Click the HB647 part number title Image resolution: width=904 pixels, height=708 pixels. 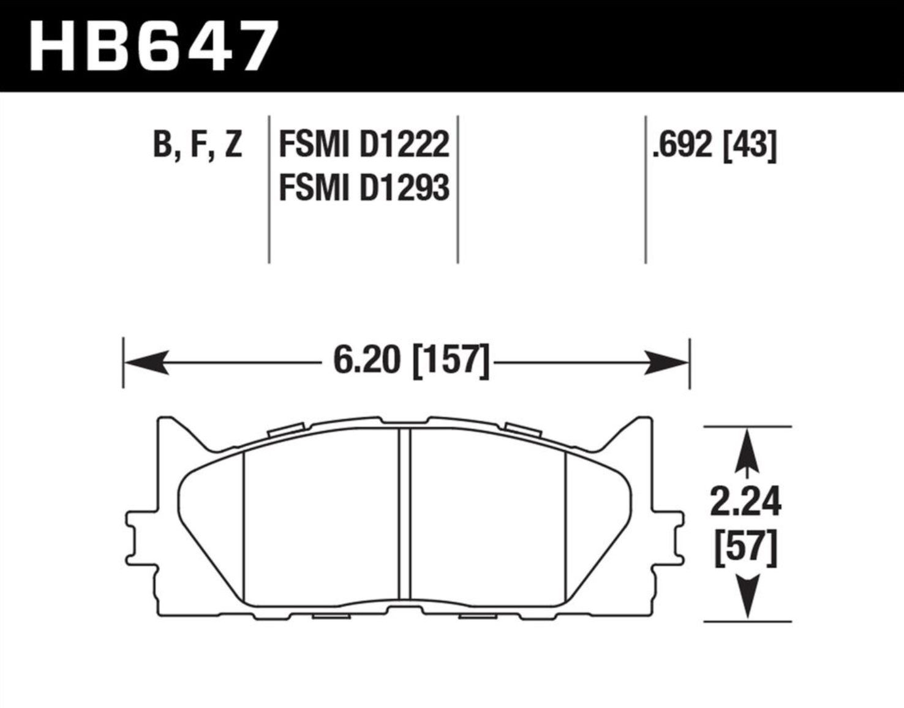point(153,46)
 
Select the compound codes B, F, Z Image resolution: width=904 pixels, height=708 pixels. point(197,145)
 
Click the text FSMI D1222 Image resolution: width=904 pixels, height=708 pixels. point(364,144)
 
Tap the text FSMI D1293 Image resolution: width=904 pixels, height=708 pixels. point(364,188)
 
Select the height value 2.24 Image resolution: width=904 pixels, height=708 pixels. point(745,502)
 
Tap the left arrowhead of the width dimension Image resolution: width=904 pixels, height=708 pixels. point(146,363)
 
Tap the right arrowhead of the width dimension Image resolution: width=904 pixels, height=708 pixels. point(666,363)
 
